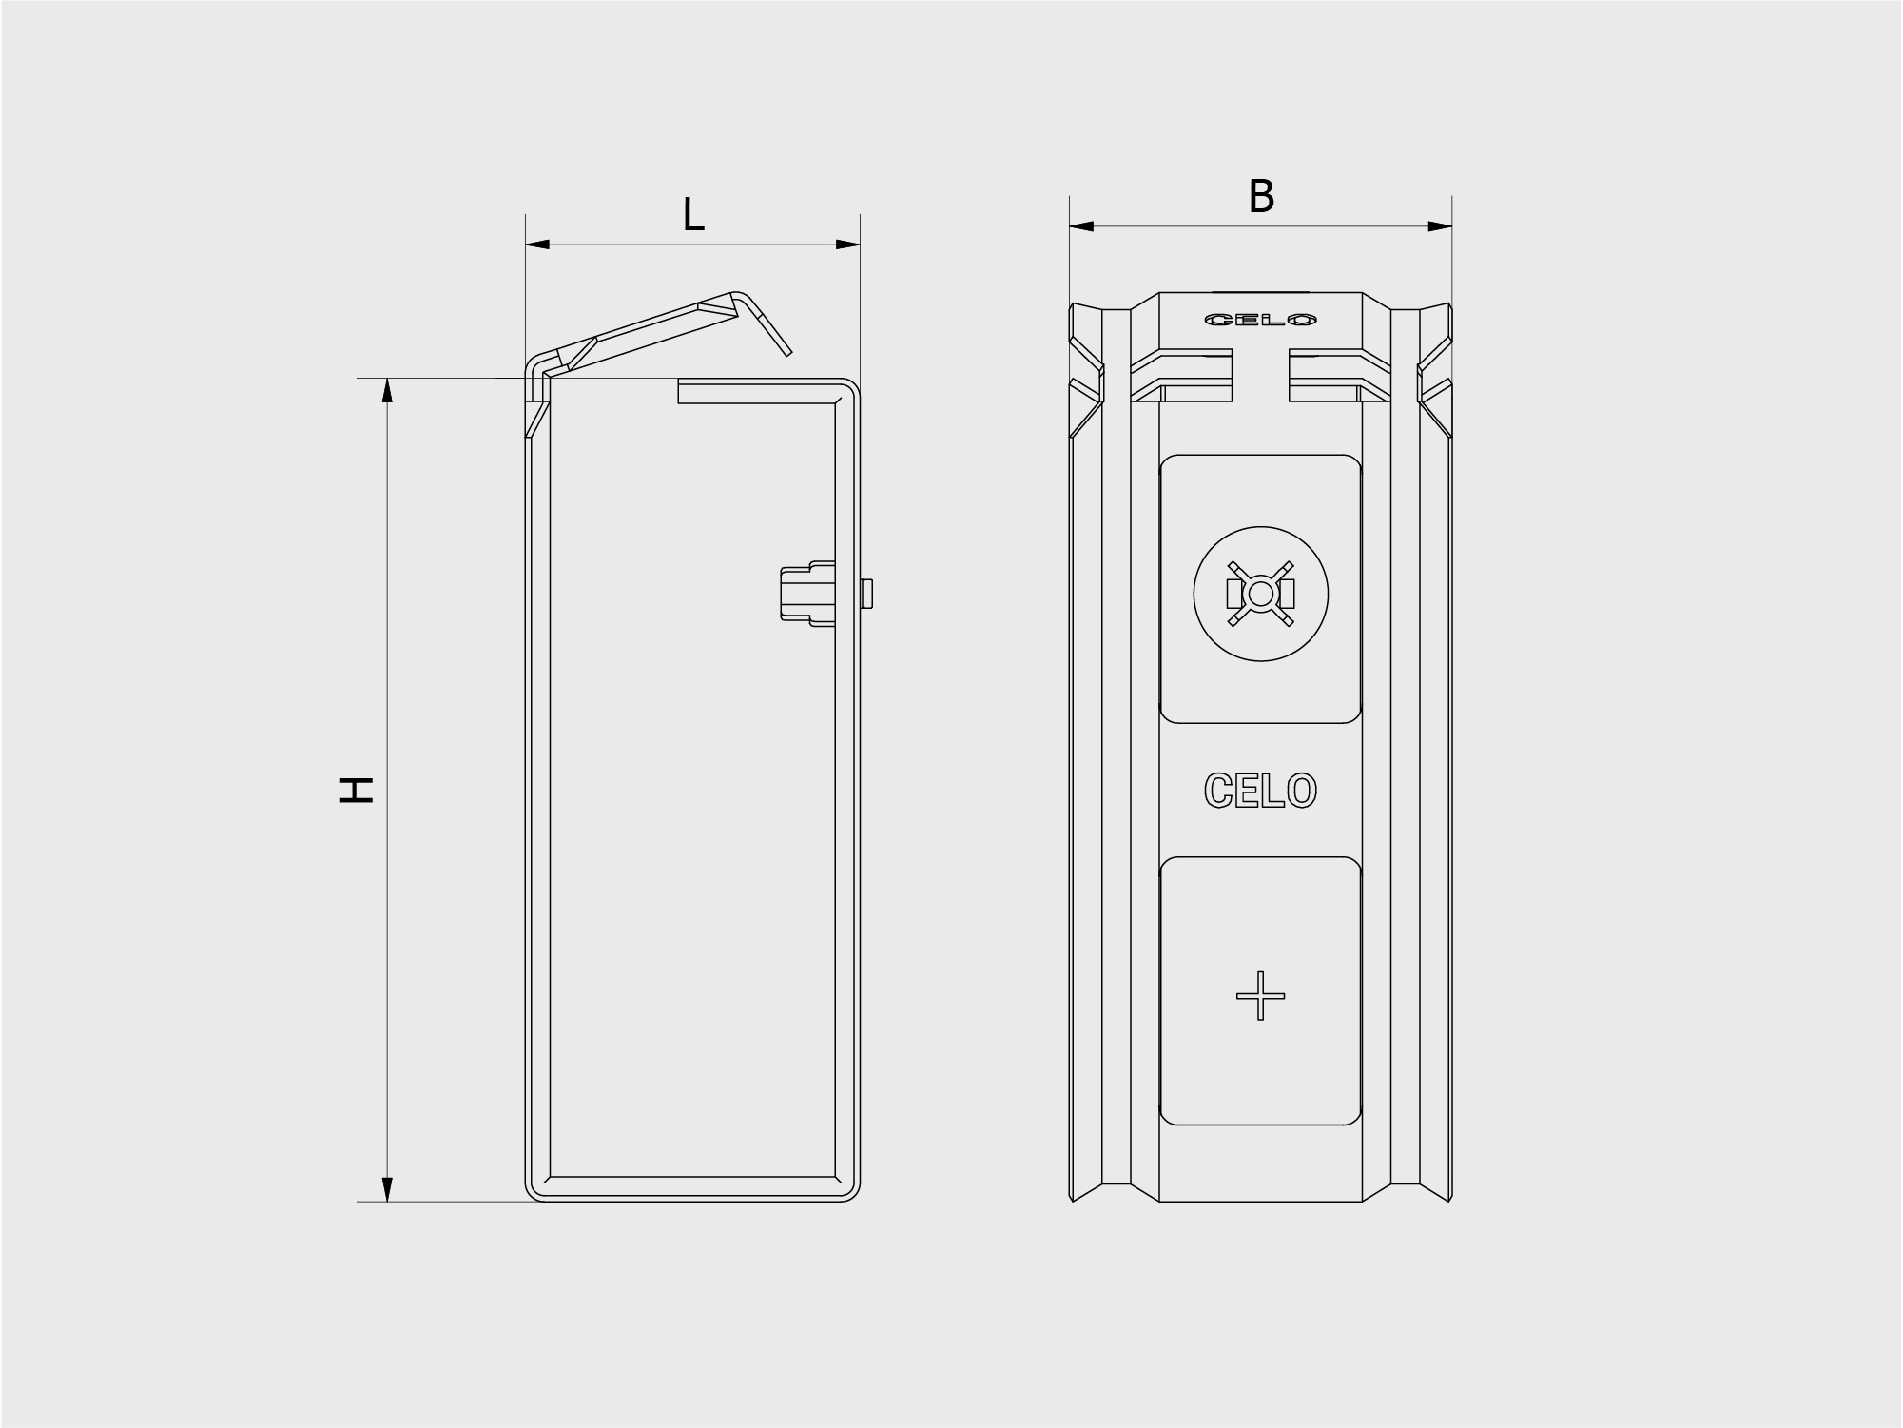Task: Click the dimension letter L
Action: (693, 216)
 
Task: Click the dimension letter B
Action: (1261, 197)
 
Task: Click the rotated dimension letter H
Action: (357, 790)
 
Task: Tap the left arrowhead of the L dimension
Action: (538, 245)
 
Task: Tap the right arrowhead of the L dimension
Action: (848, 245)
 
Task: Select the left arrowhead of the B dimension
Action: (1081, 226)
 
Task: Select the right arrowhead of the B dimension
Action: (1440, 226)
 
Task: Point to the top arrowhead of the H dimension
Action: (387, 390)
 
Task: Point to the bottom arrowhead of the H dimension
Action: (387, 1189)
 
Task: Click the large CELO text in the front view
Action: (1260, 791)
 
